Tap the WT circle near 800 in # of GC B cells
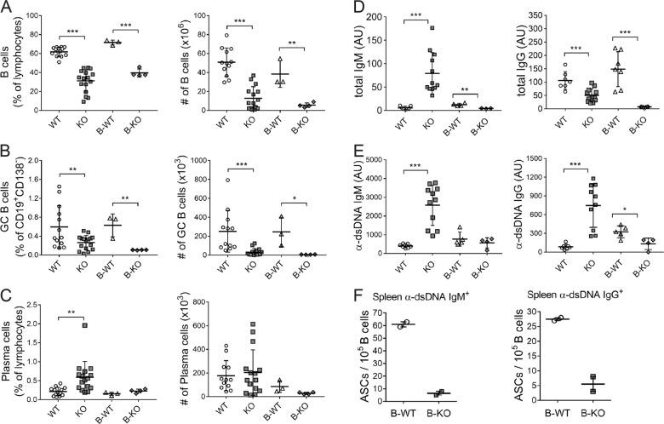coord(228,179)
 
